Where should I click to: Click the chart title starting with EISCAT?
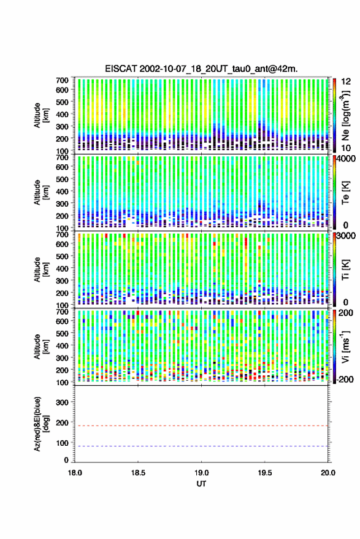tap(202, 69)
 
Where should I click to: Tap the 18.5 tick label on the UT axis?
tap(138, 473)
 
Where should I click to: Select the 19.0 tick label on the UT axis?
tap(202, 473)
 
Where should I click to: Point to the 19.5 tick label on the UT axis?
tap(265, 473)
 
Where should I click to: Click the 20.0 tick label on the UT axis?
tap(328, 473)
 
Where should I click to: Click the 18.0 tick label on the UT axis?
tap(75, 473)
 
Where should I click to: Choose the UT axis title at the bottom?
tap(202, 484)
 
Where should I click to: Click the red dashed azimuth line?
tap(202, 426)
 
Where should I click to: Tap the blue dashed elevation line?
tap(202, 446)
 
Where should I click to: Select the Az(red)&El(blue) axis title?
tap(41, 424)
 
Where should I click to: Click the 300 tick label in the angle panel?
tap(62, 402)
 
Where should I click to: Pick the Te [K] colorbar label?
tap(345, 193)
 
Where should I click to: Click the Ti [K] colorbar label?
tap(345, 270)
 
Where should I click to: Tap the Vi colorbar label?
tap(345, 346)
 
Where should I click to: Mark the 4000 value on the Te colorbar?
tap(347, 159)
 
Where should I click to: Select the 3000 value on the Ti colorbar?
tap(347, 236)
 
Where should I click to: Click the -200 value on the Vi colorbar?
tap(344, 379)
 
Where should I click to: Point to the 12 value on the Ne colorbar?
tap(347, 82)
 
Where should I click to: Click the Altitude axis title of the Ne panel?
tap(41, 115)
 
